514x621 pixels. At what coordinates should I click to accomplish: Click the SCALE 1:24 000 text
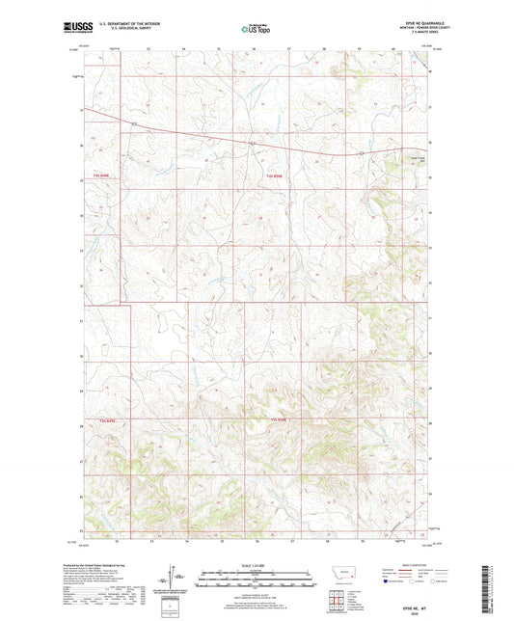click(257, 565)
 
